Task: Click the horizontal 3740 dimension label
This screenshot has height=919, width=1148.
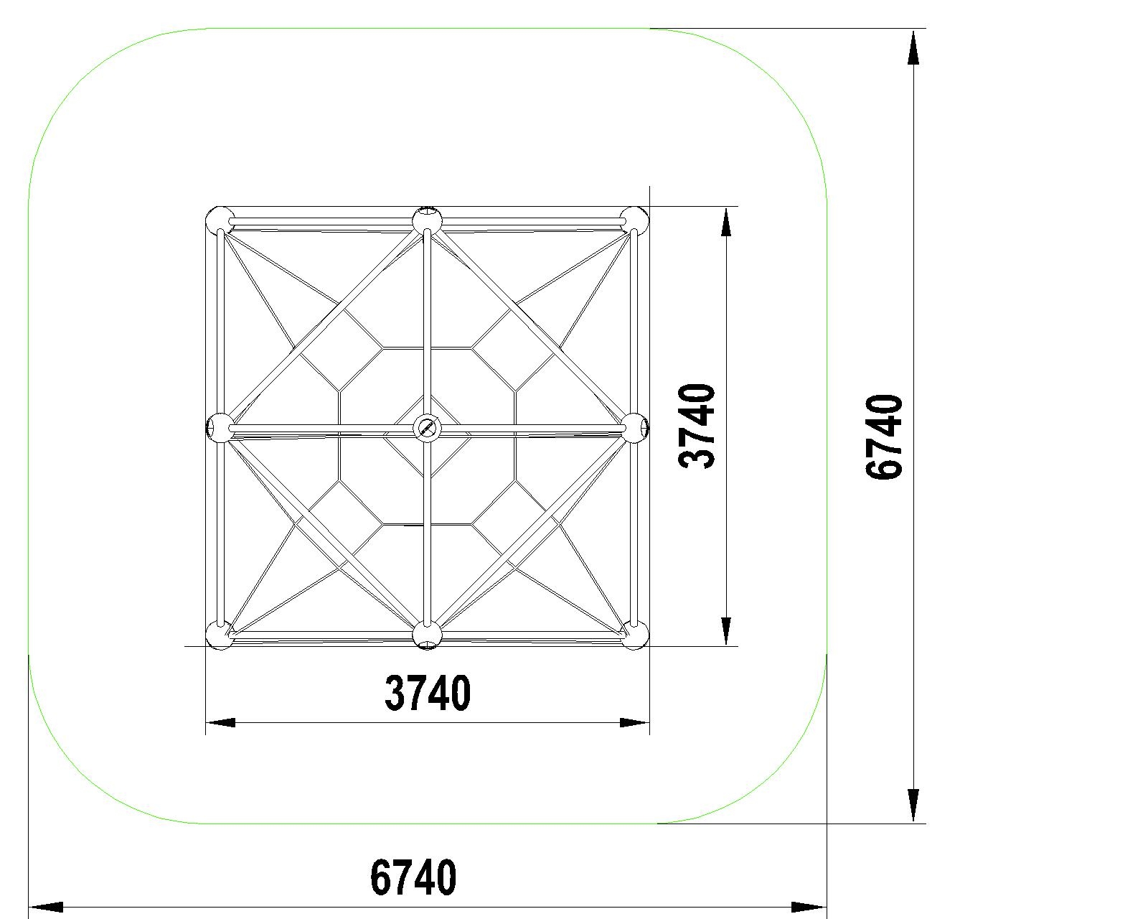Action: click(428, 693)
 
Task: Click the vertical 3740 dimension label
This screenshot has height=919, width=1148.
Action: click(697, 426)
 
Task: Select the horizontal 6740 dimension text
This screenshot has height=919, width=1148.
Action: click(413, 877)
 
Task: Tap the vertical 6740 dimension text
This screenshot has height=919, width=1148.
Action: click(883, 437)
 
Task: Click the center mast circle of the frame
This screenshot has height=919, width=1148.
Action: click(427, 427)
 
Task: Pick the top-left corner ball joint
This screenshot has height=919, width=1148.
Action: click(220, 220)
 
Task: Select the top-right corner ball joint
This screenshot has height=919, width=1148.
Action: click(634, 220)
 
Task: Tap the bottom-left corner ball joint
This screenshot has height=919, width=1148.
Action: click(220, 635)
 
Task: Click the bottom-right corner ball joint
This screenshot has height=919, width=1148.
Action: click(634, 635)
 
